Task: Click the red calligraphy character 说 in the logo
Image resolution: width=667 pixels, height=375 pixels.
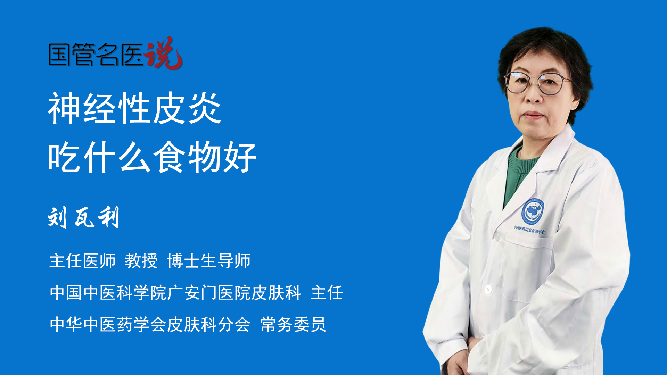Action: [163, 53]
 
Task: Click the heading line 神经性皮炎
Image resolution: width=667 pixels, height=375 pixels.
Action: [135, 108]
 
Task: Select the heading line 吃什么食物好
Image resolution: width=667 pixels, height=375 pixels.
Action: [152, 157]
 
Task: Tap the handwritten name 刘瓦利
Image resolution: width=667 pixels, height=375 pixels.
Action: [84, 217]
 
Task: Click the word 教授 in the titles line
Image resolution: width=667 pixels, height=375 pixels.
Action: [141, 261]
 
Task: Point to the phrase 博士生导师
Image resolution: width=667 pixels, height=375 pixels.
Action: [209, 261]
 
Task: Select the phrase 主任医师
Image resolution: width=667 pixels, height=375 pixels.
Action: [82, 261]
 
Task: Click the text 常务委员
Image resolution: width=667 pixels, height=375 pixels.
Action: [293, 325]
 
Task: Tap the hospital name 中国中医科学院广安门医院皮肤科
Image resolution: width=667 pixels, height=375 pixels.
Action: [175, 293]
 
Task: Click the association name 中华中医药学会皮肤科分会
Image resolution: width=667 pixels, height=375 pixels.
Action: [150, 325]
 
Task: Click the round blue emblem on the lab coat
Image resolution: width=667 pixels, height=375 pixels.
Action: [532, 211]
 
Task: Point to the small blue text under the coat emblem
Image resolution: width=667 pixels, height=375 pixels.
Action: [529, 230]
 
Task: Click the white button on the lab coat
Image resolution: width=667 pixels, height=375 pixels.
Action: [488, 289]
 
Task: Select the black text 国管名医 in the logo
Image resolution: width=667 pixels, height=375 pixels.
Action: [96, 55]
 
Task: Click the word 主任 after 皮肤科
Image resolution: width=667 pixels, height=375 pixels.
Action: [327, 293]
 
